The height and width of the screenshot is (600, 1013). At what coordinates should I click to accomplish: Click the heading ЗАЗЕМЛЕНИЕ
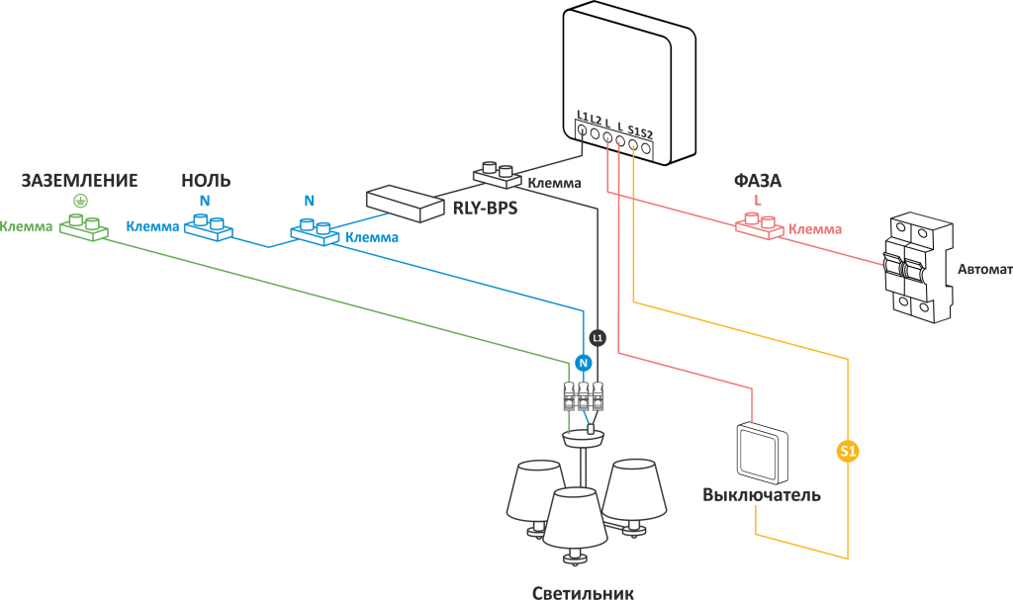tap(80, 180)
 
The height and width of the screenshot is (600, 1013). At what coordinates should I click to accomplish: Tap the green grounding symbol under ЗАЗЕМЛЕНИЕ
tap(80, 201)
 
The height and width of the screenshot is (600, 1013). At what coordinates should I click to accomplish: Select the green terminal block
tap(83, 227)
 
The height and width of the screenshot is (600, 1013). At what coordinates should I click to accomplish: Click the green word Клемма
tap(26, 227)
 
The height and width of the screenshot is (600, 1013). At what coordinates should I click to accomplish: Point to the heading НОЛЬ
tap(206, 180)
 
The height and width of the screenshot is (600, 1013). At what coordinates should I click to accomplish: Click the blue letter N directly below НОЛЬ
tap(205, 201)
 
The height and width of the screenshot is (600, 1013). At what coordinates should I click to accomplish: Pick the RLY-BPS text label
tap(485, 208)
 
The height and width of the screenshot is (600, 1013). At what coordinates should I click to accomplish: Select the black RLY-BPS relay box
tap(405, 203)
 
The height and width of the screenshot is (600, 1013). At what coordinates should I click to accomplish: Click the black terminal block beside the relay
tap(498, 175)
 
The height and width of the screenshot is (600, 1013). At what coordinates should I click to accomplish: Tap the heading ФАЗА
tap(758, 181)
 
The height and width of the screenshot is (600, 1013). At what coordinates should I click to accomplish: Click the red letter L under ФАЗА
tap(758, 201)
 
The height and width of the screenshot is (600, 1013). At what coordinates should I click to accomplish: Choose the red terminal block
tap(760, 227)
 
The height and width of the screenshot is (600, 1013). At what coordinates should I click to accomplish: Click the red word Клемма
tap(815, 229)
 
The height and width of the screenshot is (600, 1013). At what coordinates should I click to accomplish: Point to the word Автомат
tap(984, 269)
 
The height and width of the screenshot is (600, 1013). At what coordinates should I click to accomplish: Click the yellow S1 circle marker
tap(848, 452)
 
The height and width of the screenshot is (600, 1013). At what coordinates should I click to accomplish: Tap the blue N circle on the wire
tap(583, 363)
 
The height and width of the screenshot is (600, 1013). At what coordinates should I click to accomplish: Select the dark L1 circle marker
tap(597, 338)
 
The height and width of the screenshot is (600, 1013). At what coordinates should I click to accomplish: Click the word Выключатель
tap(762, 494)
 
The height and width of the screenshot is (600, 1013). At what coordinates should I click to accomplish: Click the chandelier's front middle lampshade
tap(576, 518)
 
